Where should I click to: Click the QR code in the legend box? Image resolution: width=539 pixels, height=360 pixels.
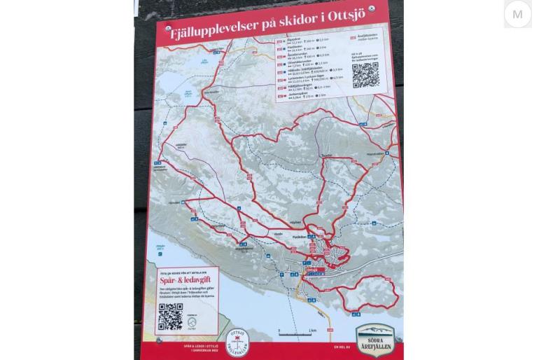[365, 75]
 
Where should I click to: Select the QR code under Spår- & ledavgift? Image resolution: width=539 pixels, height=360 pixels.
[170, 317]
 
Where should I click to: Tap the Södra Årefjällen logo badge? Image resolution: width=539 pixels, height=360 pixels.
[375, 339]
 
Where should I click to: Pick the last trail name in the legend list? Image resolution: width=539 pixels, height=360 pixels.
[294, 93]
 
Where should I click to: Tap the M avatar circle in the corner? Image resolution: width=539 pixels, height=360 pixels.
[517, 14]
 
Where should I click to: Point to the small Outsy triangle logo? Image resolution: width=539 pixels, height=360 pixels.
[192, 323]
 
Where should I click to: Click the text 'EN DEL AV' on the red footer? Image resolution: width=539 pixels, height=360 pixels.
[341, 347]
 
